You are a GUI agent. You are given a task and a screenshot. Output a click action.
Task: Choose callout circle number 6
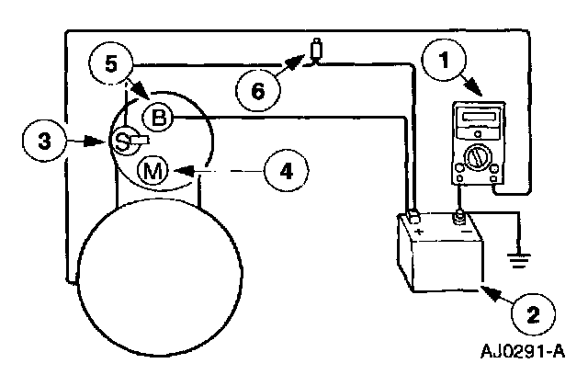(x=256, y=91)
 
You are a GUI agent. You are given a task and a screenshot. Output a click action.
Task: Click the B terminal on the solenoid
(x=159, y=117)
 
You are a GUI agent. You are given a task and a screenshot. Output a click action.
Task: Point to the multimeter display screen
(x=475, y=119)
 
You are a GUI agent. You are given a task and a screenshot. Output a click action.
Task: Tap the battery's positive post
(x=414, y=217)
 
